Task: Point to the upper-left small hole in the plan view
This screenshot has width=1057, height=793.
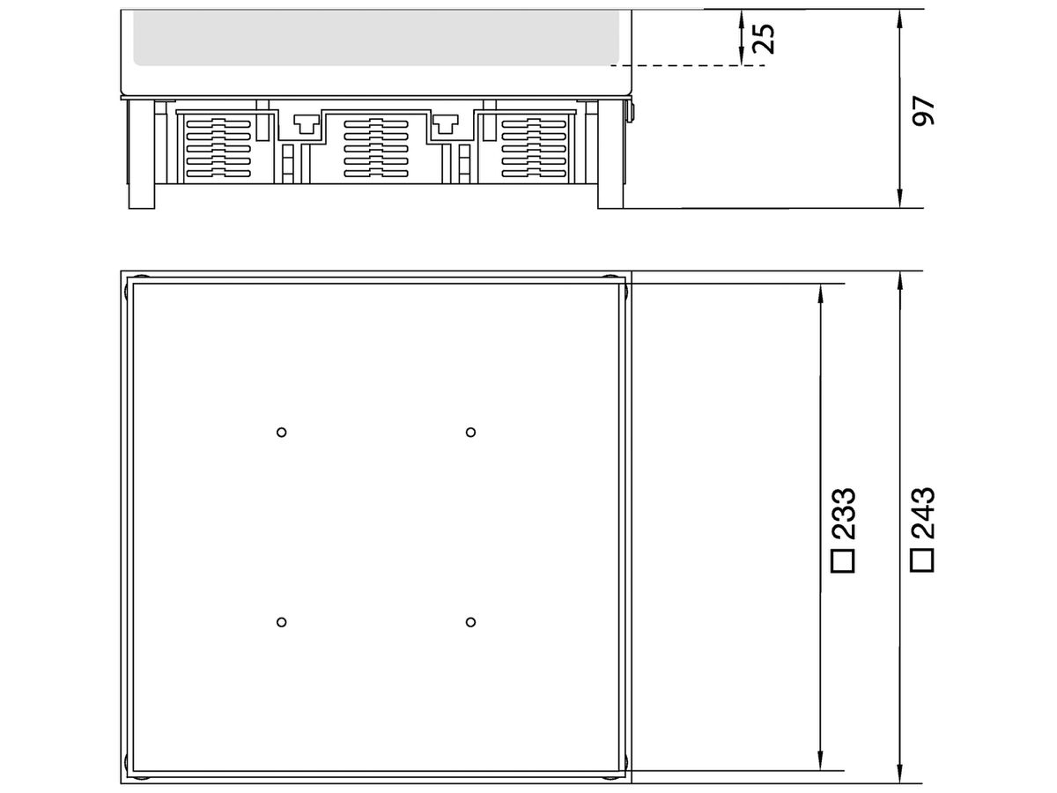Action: coord(281,432)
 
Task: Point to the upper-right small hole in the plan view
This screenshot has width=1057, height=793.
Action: coord(471,432)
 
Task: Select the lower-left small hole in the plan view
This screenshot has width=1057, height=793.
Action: coord(281,622)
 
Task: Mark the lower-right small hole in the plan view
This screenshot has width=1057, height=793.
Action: coord(471,622)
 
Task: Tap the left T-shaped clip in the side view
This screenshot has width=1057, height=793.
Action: coord(305,125)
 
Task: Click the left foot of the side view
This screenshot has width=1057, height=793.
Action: coord(141,196)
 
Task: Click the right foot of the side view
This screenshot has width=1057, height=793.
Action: coord(610,196)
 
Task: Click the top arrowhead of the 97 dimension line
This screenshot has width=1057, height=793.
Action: coord(899,18)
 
